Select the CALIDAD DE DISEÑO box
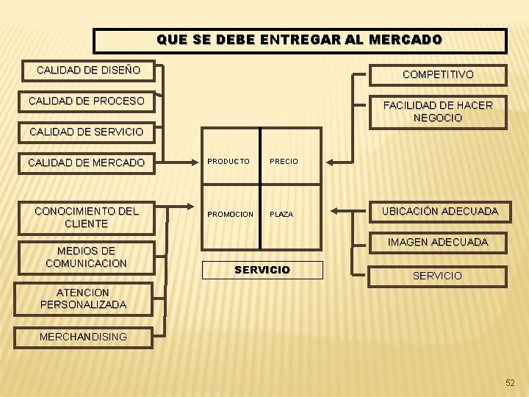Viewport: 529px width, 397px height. click(88, 71)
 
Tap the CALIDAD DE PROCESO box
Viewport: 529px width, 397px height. click(87, 101)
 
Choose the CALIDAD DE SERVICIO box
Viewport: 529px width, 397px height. click(86, 132)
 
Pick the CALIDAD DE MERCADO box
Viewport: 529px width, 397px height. click(86, 162)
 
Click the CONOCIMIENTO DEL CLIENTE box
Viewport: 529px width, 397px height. click(86, 217)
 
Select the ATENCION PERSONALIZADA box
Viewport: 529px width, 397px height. click(83, 298)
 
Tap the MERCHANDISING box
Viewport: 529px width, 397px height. click(83, 337)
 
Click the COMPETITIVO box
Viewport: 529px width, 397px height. click(438, 75)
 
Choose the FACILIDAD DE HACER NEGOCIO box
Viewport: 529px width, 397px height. click(438, 112)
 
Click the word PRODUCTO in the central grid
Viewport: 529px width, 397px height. click(228, 161)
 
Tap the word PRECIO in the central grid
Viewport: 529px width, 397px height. click(284, 161)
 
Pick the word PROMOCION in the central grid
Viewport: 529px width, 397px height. click(230, 215)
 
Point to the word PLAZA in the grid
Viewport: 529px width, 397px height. click(281, 215)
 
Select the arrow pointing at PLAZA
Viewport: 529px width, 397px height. click(342, 210)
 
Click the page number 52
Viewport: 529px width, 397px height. click(511, 382)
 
